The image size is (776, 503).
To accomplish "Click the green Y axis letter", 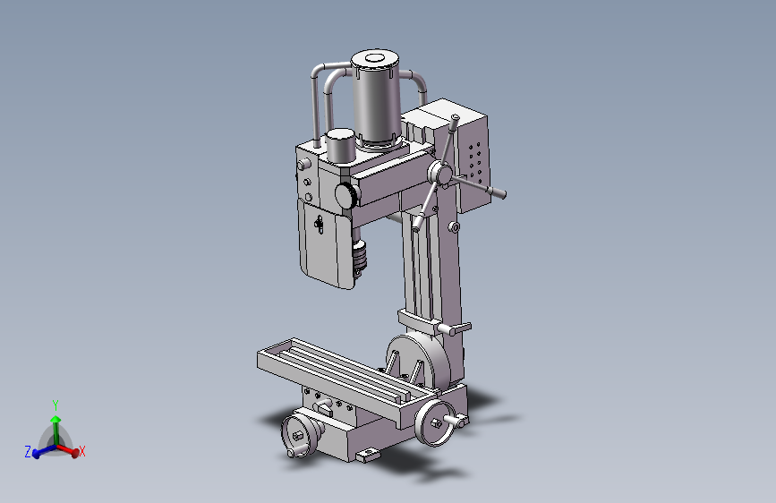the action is tap(55, 405).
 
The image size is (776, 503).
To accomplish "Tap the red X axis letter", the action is tap(82, 451).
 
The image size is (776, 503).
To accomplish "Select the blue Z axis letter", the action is tap(28, 451).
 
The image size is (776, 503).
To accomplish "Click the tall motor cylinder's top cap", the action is tap(375, 60).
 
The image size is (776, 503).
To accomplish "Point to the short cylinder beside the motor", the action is tap(340, 146).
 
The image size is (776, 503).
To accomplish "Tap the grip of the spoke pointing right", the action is tap(497, 192).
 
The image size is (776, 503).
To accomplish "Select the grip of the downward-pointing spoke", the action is tap(418, 222).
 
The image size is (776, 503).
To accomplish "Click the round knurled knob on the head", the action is tap(346, 194).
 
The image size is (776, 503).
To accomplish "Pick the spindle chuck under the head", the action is tap(360, 257).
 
